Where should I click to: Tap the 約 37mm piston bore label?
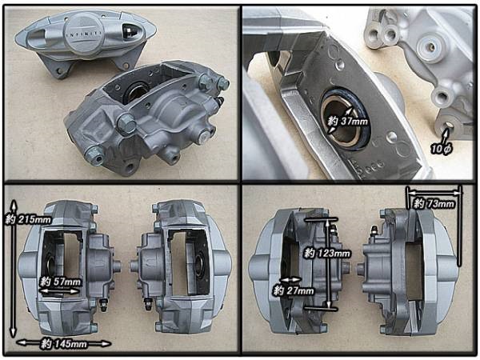[x=347, y=122]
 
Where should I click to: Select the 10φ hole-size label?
[x=441, y=149]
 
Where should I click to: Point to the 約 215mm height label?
[x=28, y=219]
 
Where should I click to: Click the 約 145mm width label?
[x=64, y=344]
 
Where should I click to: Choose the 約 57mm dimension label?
[x=61, y=282]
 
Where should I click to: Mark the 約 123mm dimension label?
[x=327, y=253]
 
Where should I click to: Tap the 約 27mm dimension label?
[x=294, y=290]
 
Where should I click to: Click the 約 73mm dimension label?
[x=434, y=203]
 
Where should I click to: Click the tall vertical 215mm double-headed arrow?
[x=13, y=269]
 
